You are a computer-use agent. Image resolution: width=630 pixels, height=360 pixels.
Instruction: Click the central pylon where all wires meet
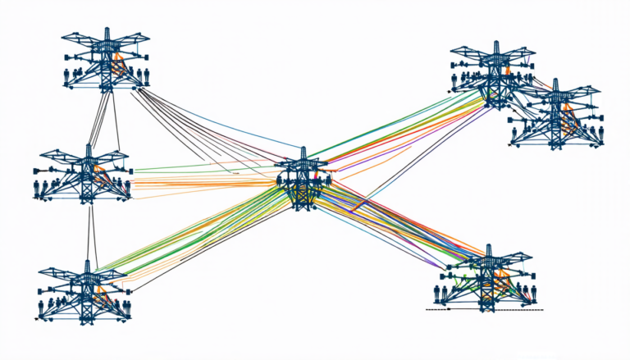[303, 182]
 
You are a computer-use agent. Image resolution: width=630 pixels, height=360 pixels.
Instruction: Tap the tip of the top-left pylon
[106, 30]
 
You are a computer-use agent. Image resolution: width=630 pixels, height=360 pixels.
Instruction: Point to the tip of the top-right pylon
[494, 43]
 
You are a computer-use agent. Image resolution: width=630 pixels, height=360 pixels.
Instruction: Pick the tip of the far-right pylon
[556, 81]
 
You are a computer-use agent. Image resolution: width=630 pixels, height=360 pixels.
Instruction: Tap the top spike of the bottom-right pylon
[489, 247]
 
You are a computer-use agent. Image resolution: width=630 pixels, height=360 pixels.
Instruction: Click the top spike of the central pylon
[303, 151]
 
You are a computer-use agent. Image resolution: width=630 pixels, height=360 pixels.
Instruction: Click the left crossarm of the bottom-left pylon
[62, 271]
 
